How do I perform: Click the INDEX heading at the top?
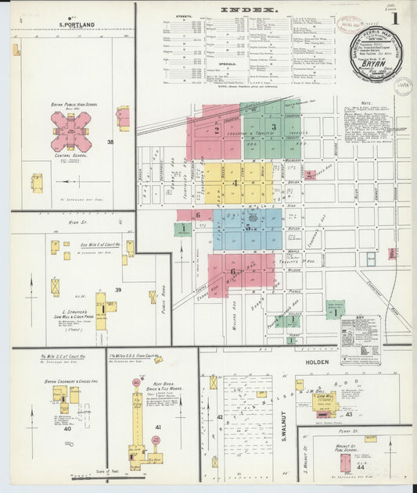pyautogui.click(x=249, y=11)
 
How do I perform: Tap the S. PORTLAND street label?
pyautogui.click(x=77, y=25)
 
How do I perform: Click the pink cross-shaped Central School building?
pyautogui.click(x=70, y=130)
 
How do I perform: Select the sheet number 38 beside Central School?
pyautogui.click(x=110, y=142)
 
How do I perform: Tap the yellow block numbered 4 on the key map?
pyautogui.click(x=235, y=183)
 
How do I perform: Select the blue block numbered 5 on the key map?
pyautogui.click(x=247, y=228)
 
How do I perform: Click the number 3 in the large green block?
pyautogui.click(x=273, y=127)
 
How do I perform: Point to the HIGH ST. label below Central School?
pyautogui.click(x=75, y=222)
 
